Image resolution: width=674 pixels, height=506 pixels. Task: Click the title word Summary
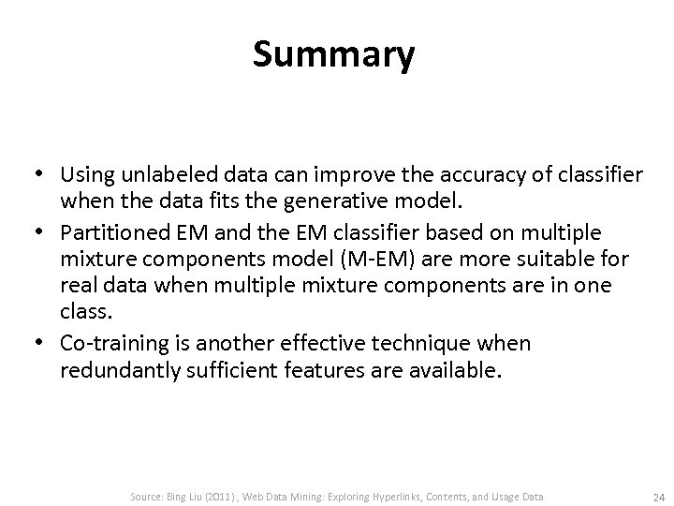pyautogui.click(x=333, y=55)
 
